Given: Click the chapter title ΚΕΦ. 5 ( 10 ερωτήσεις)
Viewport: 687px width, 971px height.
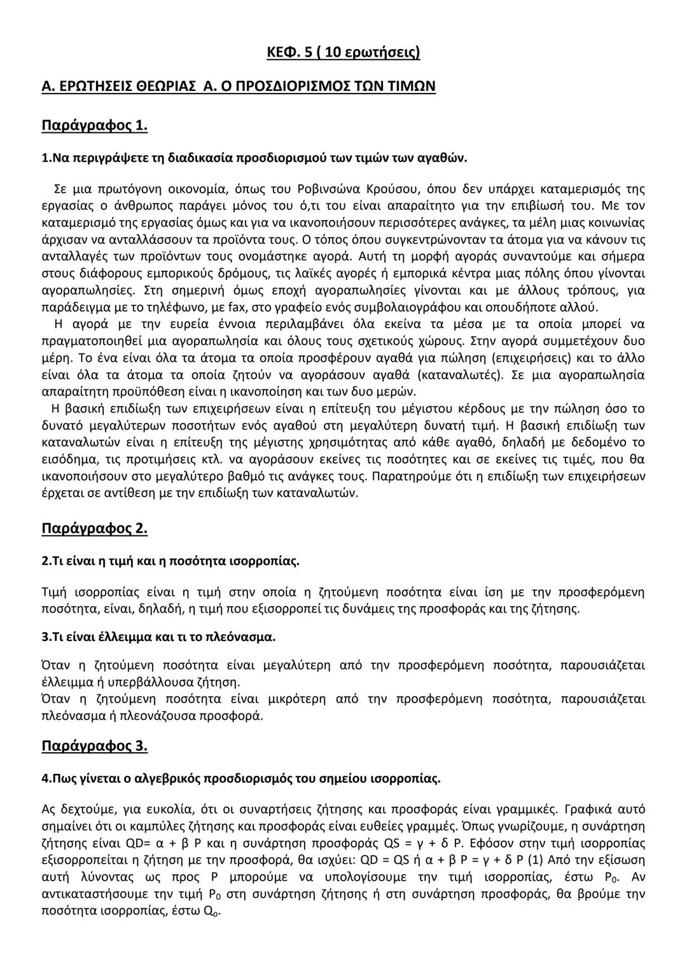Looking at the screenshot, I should pos(343,52).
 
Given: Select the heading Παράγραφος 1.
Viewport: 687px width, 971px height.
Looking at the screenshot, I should pos(94,125).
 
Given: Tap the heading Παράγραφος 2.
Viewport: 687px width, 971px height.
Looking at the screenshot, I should pos(94,528).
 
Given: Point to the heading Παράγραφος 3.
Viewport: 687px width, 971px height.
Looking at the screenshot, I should pos(94,745).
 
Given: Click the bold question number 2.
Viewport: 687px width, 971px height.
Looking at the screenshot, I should pos(45,561).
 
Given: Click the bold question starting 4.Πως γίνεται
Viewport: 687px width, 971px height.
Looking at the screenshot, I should pos(240,778).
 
